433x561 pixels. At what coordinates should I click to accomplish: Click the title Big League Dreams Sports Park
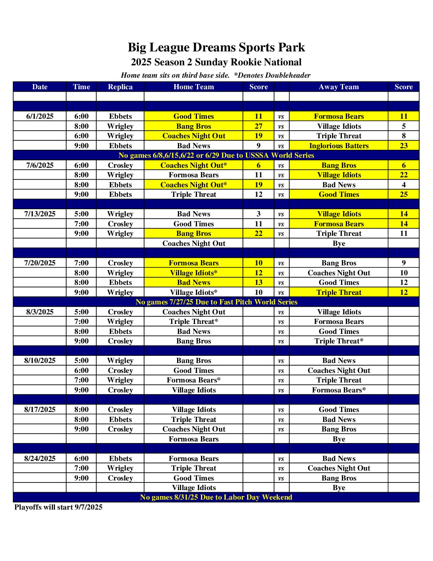216,47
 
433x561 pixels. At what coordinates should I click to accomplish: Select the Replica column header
120,87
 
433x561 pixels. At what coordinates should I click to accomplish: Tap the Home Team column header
193,87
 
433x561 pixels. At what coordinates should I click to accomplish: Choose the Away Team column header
339,87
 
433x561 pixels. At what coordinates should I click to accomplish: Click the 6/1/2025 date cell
40,116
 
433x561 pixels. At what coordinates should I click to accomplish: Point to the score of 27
259,126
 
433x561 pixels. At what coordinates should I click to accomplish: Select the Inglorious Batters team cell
339,146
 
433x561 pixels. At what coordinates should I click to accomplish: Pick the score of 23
404,146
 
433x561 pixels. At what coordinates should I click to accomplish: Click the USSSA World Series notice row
216,155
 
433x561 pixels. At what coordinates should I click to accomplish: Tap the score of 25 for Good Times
404,194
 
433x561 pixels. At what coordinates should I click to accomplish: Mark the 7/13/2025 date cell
40,214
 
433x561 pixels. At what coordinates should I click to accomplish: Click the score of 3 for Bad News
259,214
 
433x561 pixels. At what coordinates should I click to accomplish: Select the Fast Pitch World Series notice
216,302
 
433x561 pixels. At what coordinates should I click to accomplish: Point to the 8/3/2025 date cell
40,312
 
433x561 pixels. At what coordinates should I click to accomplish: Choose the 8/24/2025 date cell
40,459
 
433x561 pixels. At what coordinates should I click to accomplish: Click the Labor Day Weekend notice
216,497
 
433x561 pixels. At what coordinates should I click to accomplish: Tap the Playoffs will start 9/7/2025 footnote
59,507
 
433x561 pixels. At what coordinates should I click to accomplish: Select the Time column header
81,87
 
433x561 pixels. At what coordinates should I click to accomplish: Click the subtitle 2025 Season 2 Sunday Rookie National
216,62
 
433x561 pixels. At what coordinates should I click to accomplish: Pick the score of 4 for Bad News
404,185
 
